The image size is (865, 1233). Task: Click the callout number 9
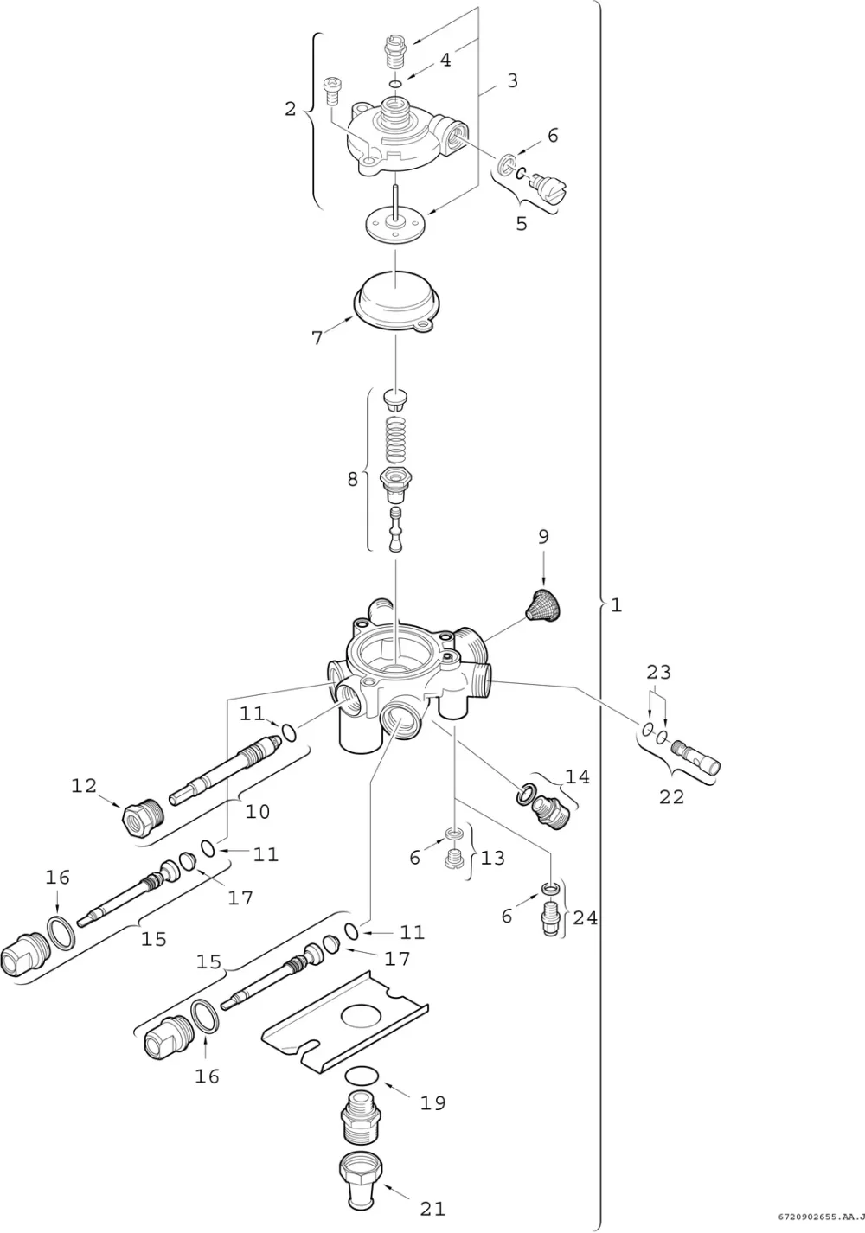[x=543, y=537]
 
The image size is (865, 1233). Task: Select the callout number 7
[x=317, y=337]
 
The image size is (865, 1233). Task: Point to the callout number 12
[x=84, y=785]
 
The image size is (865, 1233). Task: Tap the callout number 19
[x=432, y=1102]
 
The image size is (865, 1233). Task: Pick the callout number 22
[x=671, y=796]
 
